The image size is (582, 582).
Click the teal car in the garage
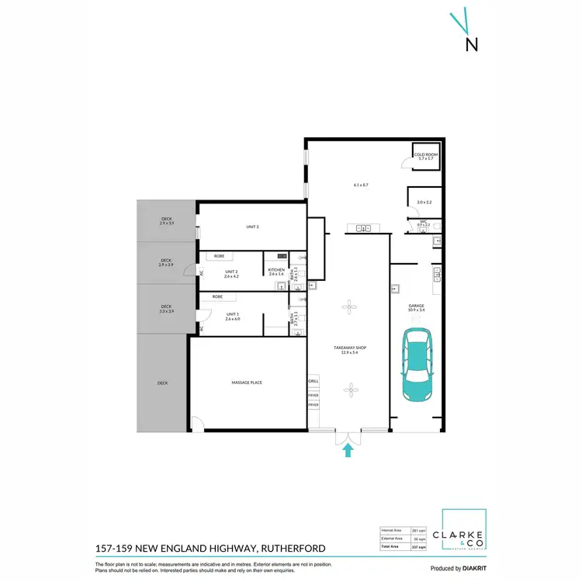417,365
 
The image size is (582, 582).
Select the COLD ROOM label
426,156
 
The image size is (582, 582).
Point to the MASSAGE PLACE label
247,383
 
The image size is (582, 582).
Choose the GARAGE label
417,307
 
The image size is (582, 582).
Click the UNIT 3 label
252,227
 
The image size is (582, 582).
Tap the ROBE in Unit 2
220,256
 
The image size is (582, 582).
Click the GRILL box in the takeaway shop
314,382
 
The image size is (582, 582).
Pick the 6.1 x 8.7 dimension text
360,185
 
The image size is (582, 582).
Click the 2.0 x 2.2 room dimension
424,202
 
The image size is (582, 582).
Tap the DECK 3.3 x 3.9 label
166,309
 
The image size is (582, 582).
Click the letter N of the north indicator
471,44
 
